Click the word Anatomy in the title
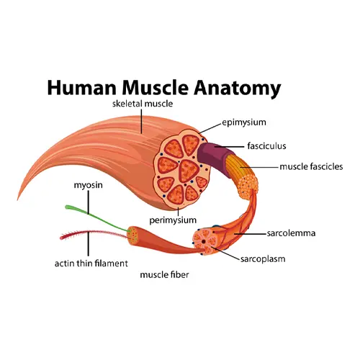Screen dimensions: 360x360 click(x=238, y=89)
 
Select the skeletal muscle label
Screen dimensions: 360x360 click(x=143, y=104)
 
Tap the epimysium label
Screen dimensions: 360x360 click(x=244, y=122)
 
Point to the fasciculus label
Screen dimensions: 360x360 click(x=266, y=146)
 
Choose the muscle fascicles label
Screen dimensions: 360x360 click(x=311, y=166)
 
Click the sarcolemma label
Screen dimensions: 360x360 click(x=291, y=233)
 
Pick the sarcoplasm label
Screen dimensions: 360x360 click(x=263, y=259)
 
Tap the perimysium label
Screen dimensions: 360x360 click(x=173, y=220)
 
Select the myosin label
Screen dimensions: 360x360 click(x=88, y=185)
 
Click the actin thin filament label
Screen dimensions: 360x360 click(x=91, y=264)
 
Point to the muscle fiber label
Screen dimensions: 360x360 click(x=164, y=274)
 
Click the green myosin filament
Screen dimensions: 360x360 click(x=96, y=217)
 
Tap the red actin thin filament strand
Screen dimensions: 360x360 click(x=94, y=234)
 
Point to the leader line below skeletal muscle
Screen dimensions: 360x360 click(x=141, y=121)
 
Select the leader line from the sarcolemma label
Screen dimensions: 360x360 click(x=251, y=233)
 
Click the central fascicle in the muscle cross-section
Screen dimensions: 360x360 click(x=189, y=171)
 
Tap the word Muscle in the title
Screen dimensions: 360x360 click(x=155, y=88)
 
